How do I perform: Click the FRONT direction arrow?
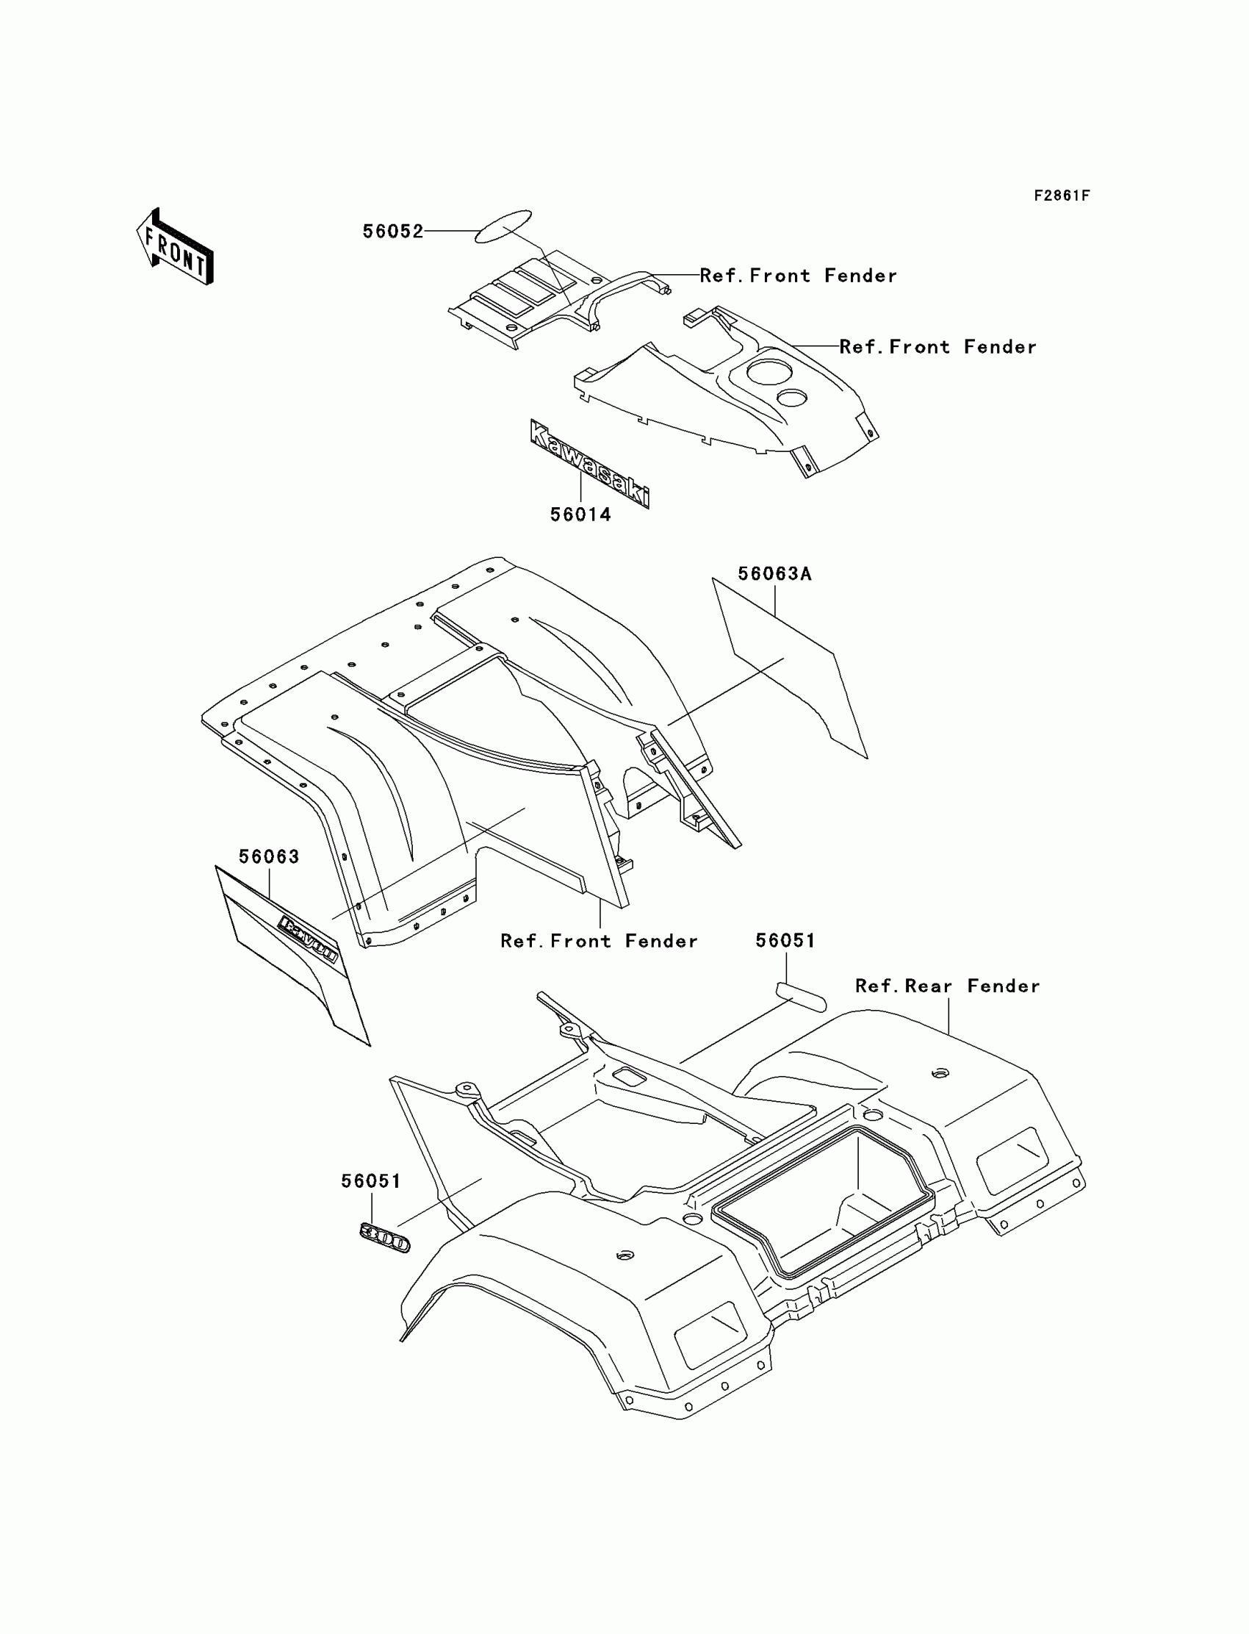[x=176, y=248]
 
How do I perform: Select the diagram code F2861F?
[x=1061, y=196]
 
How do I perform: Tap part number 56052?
[x=392, y=232]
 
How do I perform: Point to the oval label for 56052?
[x=503, y=226]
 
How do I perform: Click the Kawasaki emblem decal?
[x=589, y=463]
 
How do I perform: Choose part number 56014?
[x=580, y=515]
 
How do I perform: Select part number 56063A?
[x=774, y=573]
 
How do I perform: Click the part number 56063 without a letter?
[x=269, y=857]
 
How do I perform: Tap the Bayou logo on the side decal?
[x=308, y=939]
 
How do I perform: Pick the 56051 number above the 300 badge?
[x=371, y=1181]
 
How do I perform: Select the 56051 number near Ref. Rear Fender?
[x=785, y=941]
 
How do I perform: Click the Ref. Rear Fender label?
[x=947, y=986]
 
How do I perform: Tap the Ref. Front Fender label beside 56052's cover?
[x=798, y=276]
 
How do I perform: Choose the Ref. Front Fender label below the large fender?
[x=600, y=942]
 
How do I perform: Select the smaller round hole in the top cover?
[x=792, y=397]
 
